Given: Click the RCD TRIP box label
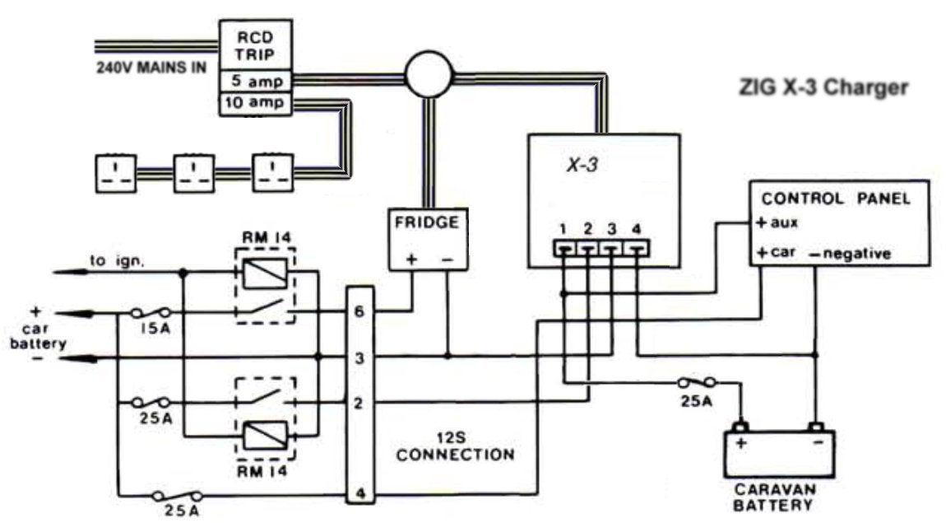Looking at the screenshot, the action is click(x=255, y=46).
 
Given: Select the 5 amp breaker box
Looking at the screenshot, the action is click(x=255, y=81).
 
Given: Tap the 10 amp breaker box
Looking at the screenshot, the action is click(x=255, y=103).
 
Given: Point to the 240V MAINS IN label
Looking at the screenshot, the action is click(x=151, y=67).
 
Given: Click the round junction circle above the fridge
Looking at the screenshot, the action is click(x=429, y=76).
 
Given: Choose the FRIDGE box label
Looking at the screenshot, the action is click(x=427, y=222).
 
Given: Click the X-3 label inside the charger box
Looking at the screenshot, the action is click(x=582, y=164).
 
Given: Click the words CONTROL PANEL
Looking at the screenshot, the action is click(x=836, y=198).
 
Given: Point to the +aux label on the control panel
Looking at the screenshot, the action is click(x=777, y=223).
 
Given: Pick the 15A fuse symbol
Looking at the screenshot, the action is click(x=151, y=313).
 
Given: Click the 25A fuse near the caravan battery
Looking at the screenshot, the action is click(x=697, y=382).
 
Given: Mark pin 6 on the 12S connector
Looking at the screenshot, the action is click(x=359, y=312).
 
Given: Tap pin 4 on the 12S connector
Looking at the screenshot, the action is click(x=360, y=493).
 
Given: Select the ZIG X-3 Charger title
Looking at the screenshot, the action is click(x=823, y=87).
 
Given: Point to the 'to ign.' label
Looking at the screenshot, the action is click(x=117, y=261).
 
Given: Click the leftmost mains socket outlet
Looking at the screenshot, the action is click(x=116, y=174).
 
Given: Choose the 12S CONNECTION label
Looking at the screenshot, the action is click(x=456, y=446).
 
